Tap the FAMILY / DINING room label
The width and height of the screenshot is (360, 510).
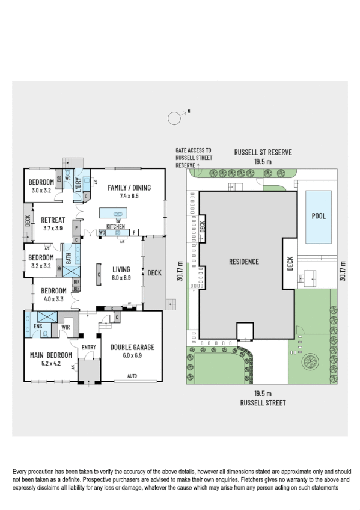click(129, 188)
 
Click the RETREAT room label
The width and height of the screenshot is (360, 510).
click(52, 220)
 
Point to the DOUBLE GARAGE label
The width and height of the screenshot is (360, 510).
click(132, 347)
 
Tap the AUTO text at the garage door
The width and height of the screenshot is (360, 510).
click(132, 376)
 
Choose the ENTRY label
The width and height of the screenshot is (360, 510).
click(88, 347)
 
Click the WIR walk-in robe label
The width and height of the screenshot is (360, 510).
click(66, 327)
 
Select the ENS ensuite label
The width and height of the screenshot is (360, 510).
click(37, 327)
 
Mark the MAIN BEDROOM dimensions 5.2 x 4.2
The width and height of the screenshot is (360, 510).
click(51, 363)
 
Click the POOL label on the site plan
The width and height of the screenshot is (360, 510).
click(318, 216)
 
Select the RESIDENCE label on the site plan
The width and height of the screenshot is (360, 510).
click(243, 262)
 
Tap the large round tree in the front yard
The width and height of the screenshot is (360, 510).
click(311, 362)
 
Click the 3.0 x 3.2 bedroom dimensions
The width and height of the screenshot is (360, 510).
click(43, 191)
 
